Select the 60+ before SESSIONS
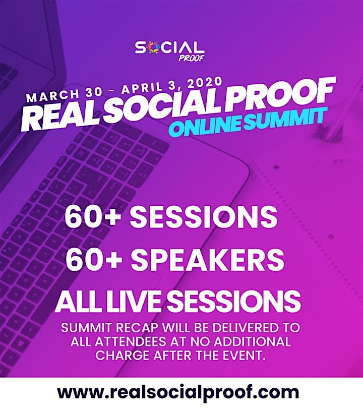[91, 216]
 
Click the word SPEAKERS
[207, 259]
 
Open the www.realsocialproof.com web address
[178, 392]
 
